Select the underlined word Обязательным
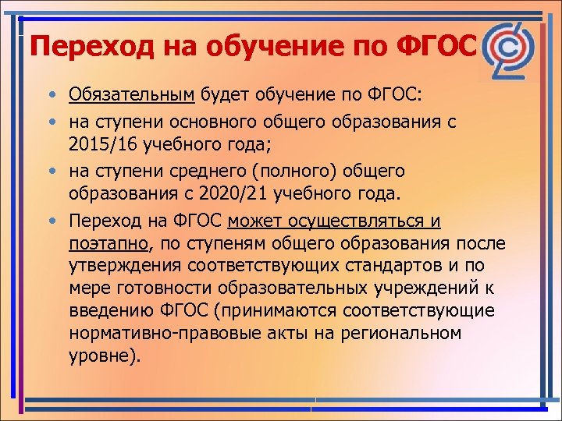point(130,95)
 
